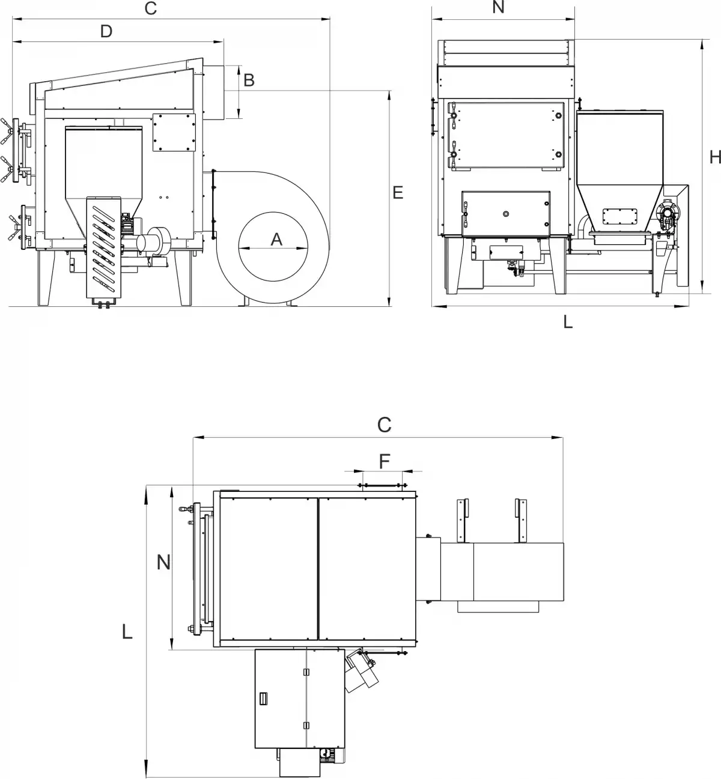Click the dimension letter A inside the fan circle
click(276, 239)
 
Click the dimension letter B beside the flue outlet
click(249, 79)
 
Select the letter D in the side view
click(106, 31)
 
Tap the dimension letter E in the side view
click(397, 192)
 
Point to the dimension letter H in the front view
click(714, 157)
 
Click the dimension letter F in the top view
click(385, 461)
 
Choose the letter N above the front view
click(498, 7)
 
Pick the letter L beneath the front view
click(568, 322)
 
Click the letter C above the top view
click(384, 425)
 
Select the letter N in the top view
click(163, 562)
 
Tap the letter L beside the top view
click(127, 632)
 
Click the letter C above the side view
click(151, 8)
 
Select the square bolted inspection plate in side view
click(174, 133)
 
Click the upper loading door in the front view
click(506, 135)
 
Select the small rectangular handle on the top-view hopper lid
click(262, 699)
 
